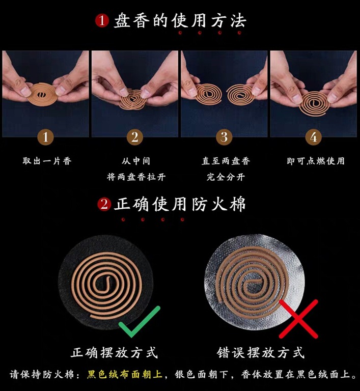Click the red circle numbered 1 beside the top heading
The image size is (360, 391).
click(x=102, y=21)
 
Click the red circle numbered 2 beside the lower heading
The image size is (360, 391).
click(x=104, y=204)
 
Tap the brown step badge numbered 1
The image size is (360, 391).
click(x=45, y=137)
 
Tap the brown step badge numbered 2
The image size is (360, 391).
click(x=135, y=137)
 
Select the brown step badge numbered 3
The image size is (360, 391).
click(x=224, y=137)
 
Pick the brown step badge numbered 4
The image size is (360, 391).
click(x=314, y=137)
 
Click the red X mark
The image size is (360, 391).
click(x=298, y=319)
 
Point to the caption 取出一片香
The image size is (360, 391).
click(x=47, y=161)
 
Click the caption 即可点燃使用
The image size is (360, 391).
click(x=316, y=161)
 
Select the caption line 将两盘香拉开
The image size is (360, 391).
click(x=136, y=177)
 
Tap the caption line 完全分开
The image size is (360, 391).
click(x=226, y=177)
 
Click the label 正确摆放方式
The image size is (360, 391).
click(x=114, y=353)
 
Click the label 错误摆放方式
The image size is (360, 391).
click(x=261, y=353)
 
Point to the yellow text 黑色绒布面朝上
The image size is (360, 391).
click(x=124, y=374)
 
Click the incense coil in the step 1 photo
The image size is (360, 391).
click(x=42, y=95)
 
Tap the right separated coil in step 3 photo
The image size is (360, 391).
click(x=241, y=95)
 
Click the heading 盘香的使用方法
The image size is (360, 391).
click(x=180, y=21)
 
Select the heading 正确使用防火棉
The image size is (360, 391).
click(x=180, y=204)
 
